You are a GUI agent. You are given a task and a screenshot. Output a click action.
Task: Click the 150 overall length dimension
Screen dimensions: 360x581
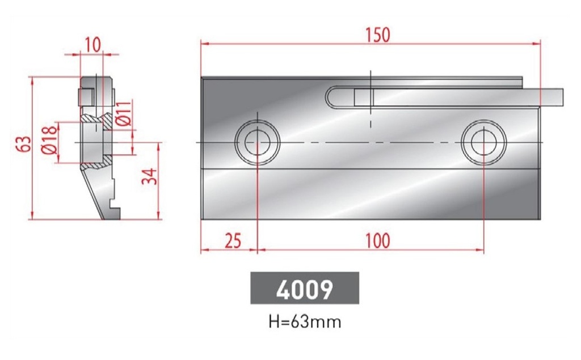[x=377, y=35]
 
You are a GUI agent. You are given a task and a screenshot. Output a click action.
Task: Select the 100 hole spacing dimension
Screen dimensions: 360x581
[x=377, y=240]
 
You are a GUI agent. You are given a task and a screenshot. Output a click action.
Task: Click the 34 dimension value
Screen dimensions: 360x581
[x=149, y=177]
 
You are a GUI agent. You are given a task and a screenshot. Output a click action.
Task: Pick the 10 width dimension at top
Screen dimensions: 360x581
[x=92, y=44]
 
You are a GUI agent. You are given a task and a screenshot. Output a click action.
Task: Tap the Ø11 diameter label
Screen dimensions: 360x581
[x=126, y=113]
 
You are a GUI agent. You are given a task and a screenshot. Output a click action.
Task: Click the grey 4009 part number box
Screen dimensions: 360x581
[x=305, y=289]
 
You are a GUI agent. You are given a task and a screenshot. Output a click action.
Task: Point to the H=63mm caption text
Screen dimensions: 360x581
[x=305, y=322]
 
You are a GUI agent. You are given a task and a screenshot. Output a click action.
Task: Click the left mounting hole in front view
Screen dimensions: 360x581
[x=258, y=141]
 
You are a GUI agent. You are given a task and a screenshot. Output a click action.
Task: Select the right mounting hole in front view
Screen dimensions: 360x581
[x=483, y=141]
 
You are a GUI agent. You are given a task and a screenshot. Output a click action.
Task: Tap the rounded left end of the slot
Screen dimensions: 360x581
[x=331, y=97]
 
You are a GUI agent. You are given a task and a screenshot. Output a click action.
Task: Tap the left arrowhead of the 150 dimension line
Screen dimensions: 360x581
[x=204, y=43]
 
